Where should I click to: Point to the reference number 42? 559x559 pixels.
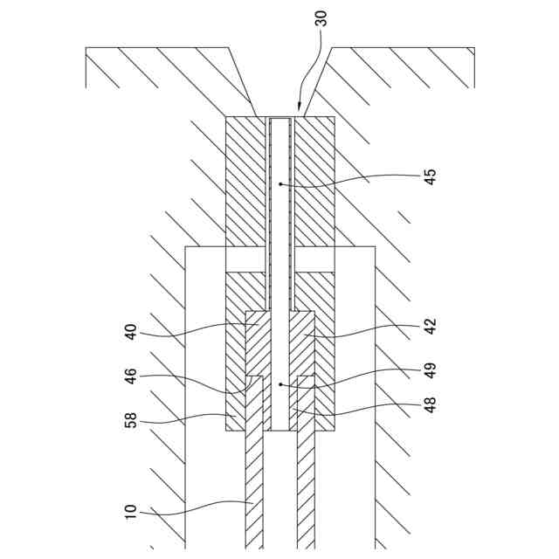(430, 327)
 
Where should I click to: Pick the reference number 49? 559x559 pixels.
(430, 369)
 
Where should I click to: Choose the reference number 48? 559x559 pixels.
(430, 404)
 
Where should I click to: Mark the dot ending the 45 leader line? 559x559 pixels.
(279, 184)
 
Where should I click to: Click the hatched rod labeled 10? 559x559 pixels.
(253, 489)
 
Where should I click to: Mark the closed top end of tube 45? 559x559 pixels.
(279, 119)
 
